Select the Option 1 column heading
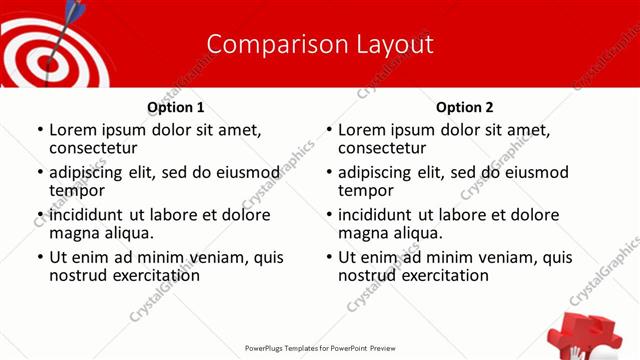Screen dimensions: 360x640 (176, 107)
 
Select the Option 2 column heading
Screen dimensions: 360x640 (465, 107)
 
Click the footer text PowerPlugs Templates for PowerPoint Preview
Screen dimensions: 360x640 (320, 349)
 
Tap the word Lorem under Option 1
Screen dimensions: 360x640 (72, 130)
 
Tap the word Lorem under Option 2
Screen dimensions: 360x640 (361, 130)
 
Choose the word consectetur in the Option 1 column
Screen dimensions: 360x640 (95, 148)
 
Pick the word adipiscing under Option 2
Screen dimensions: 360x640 (373, 172)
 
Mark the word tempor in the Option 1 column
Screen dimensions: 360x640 (77, 190)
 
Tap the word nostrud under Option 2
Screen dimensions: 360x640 (368, 275)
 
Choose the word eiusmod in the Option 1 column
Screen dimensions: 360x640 (247, 172)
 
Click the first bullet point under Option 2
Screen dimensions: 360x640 (330, 130)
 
